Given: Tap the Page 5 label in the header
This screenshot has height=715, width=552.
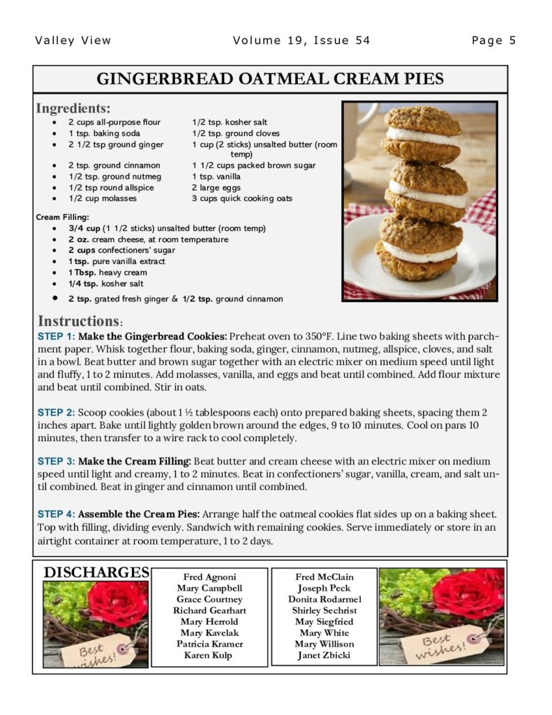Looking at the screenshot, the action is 493,40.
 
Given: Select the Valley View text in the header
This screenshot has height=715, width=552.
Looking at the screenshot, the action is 73,40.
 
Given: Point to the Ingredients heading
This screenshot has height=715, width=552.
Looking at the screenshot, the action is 73,108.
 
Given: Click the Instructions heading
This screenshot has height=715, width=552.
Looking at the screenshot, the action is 80,321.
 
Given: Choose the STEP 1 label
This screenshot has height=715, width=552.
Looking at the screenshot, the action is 56,337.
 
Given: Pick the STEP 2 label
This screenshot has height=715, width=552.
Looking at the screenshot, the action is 56,412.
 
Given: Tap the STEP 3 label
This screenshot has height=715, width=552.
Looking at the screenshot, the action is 56,462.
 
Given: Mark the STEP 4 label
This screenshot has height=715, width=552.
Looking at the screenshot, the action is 56,515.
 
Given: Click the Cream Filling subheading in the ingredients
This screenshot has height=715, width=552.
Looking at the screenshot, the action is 63,217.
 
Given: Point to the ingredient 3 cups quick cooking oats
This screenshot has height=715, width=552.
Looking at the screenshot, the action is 241,198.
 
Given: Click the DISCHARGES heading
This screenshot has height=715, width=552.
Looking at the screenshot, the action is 96,573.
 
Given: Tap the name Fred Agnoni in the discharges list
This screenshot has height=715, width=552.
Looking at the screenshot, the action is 209,577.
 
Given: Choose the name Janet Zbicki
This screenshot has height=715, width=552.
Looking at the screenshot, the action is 325,656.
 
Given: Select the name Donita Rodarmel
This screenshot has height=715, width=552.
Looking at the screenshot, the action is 325,599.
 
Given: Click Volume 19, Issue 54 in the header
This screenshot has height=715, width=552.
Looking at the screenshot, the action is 301,40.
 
